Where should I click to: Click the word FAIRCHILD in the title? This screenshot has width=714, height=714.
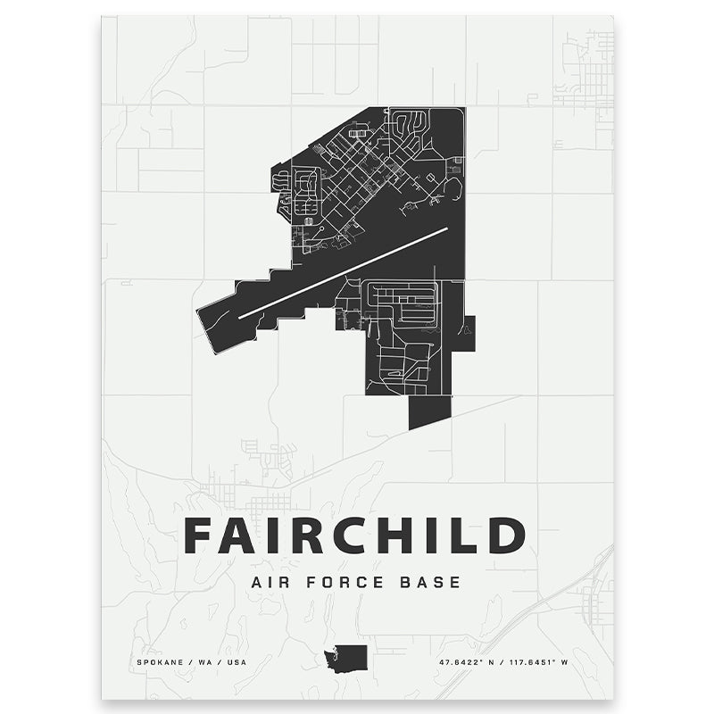pos(354,535)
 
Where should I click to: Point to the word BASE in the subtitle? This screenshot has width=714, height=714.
pos(429,583)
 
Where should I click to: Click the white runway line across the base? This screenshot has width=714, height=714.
pos(344,272)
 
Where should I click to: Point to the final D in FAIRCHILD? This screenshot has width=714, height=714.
pos(507,535)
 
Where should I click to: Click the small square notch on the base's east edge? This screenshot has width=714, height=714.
pos(469,333)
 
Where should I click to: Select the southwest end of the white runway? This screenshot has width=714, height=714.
pos(241,316)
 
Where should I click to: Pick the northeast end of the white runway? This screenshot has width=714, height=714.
pos(445,229)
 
